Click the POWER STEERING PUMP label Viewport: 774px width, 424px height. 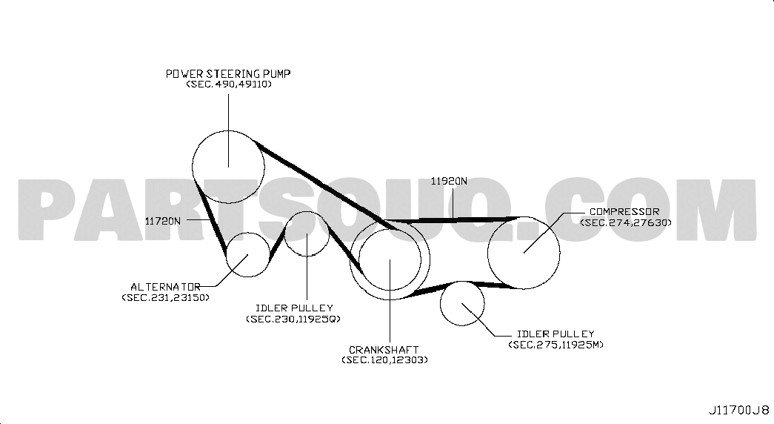coord(228,73)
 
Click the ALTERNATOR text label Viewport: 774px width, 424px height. coord(165,287)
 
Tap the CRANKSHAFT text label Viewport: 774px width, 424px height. coord(384,350)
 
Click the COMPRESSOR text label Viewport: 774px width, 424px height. coord(624,212)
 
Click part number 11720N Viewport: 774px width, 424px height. coord(163,222)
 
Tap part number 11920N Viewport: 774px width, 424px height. coord(449,181)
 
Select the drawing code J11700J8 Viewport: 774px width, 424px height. coord(739,410)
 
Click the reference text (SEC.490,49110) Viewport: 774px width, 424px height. coord(229,84)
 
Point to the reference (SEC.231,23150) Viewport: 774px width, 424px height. coord(165,297)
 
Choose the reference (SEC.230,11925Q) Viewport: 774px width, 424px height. coord(293,319)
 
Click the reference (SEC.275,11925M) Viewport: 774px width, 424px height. coord(556,345)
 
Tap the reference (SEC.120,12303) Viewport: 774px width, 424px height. coord(384,360)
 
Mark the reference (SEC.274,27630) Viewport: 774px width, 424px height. coord(626,222)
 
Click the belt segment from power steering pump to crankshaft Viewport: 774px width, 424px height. coord(326,186)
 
